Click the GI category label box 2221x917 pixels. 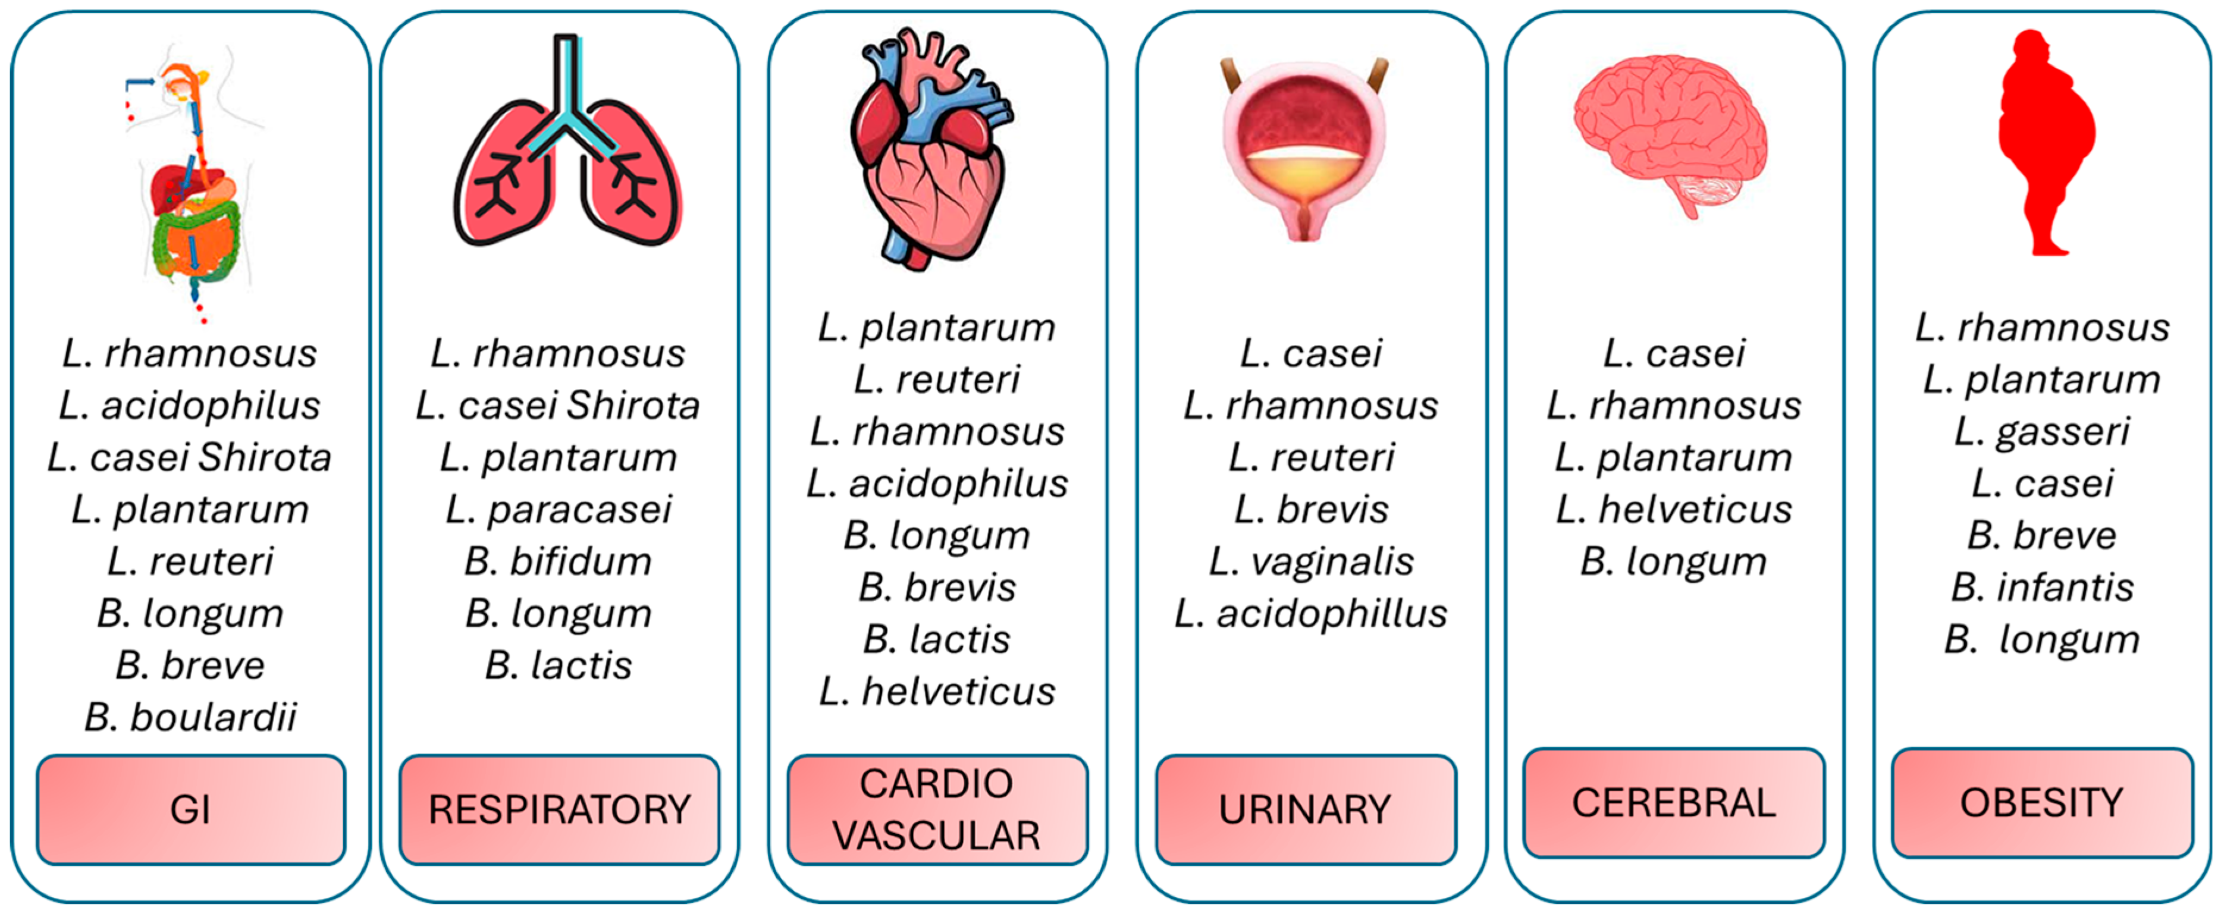(x=190, y=809)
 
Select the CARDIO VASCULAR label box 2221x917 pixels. (x=937, y=809)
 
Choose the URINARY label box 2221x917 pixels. (x=1306, y=809)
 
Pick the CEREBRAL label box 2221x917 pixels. (x=1674, y=802)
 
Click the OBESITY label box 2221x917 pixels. (x=2041, y=802)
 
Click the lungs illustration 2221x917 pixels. (x=566, y=146)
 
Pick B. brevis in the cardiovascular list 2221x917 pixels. (x=937, y=588)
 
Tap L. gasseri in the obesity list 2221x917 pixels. (x=2041, y=431)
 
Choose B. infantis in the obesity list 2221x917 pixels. (x=2041, y=588)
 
